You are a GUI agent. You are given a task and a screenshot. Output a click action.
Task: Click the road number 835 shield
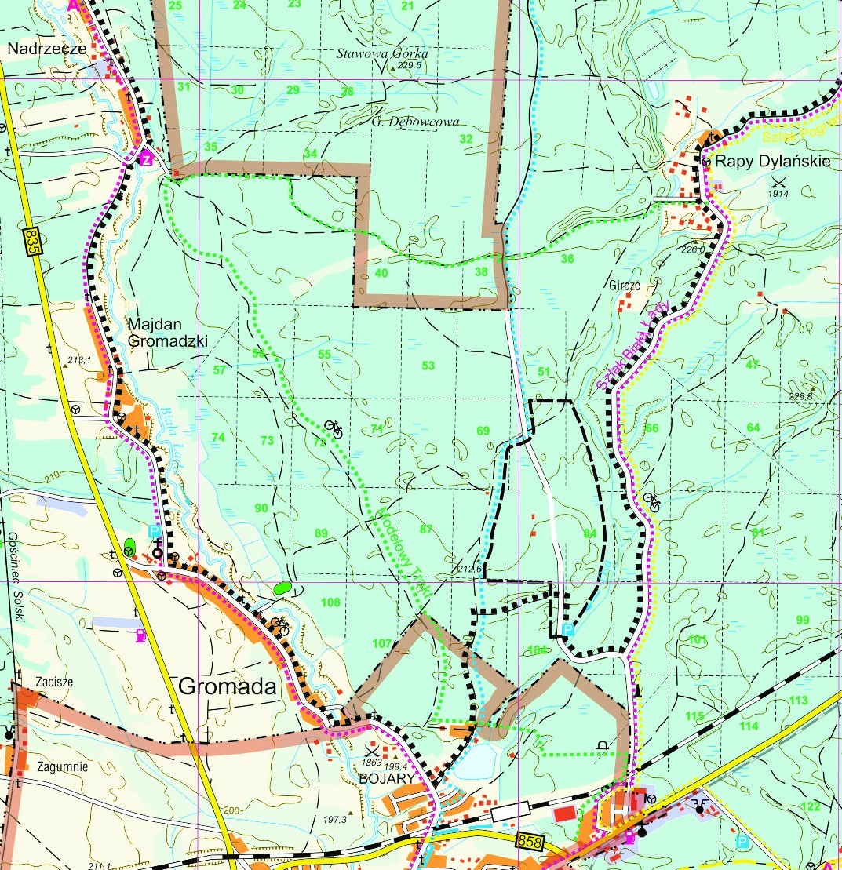coord(31,239)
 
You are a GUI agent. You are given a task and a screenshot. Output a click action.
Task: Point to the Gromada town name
coord(228,686)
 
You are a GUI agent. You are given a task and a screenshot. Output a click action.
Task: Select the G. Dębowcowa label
coord(415,122)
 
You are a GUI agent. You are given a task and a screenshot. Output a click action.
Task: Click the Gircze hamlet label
coord(625,286)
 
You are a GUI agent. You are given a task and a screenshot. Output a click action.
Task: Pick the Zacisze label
coord(54,682)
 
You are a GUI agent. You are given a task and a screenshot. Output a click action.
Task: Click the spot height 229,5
coord(410,67)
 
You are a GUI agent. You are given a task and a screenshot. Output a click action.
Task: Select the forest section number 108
coord(331,602)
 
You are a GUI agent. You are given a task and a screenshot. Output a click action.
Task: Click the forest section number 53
coord(428,366)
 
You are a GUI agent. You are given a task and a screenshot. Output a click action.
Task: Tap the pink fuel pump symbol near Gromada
coord(140,635)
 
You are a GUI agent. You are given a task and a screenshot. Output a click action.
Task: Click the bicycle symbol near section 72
coord(334,428)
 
